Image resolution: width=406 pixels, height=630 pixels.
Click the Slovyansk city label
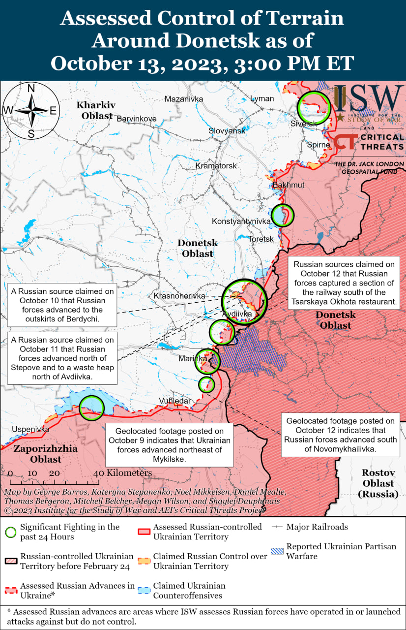pyautogui.click(x=227, y=131)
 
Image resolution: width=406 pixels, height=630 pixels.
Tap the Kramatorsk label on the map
pyautogui.click(x=216, y=166)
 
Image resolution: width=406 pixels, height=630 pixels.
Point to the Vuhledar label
pyautogui.click(x=174, y=401)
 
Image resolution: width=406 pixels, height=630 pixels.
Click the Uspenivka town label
pyautogui.click(x=31, y=429)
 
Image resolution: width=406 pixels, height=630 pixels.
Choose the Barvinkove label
pyautogui.click(x=136, y=119)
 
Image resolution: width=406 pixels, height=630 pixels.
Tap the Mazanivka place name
pyautogui.click(x=184, y=99)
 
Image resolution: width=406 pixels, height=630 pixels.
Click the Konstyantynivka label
pyautogui.click(x=241, y=221)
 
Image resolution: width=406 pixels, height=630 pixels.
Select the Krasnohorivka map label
pyautogui.click(x=179, y=296)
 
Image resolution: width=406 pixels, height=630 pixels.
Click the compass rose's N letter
pyautogui.click(x=30, y=89)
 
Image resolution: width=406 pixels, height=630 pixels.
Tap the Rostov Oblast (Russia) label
pyautogui.click(x=378, y=483)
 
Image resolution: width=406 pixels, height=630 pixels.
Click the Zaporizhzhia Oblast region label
pyautogui.click(x=45, y=454)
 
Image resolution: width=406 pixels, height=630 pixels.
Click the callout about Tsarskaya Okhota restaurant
pyautogui.click(x=348, y=283)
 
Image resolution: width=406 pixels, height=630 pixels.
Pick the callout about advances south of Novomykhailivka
pyautogui.click(x=340, y=435)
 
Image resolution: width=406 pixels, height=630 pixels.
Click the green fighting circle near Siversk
pyautogui.click(x=314, y=108)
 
